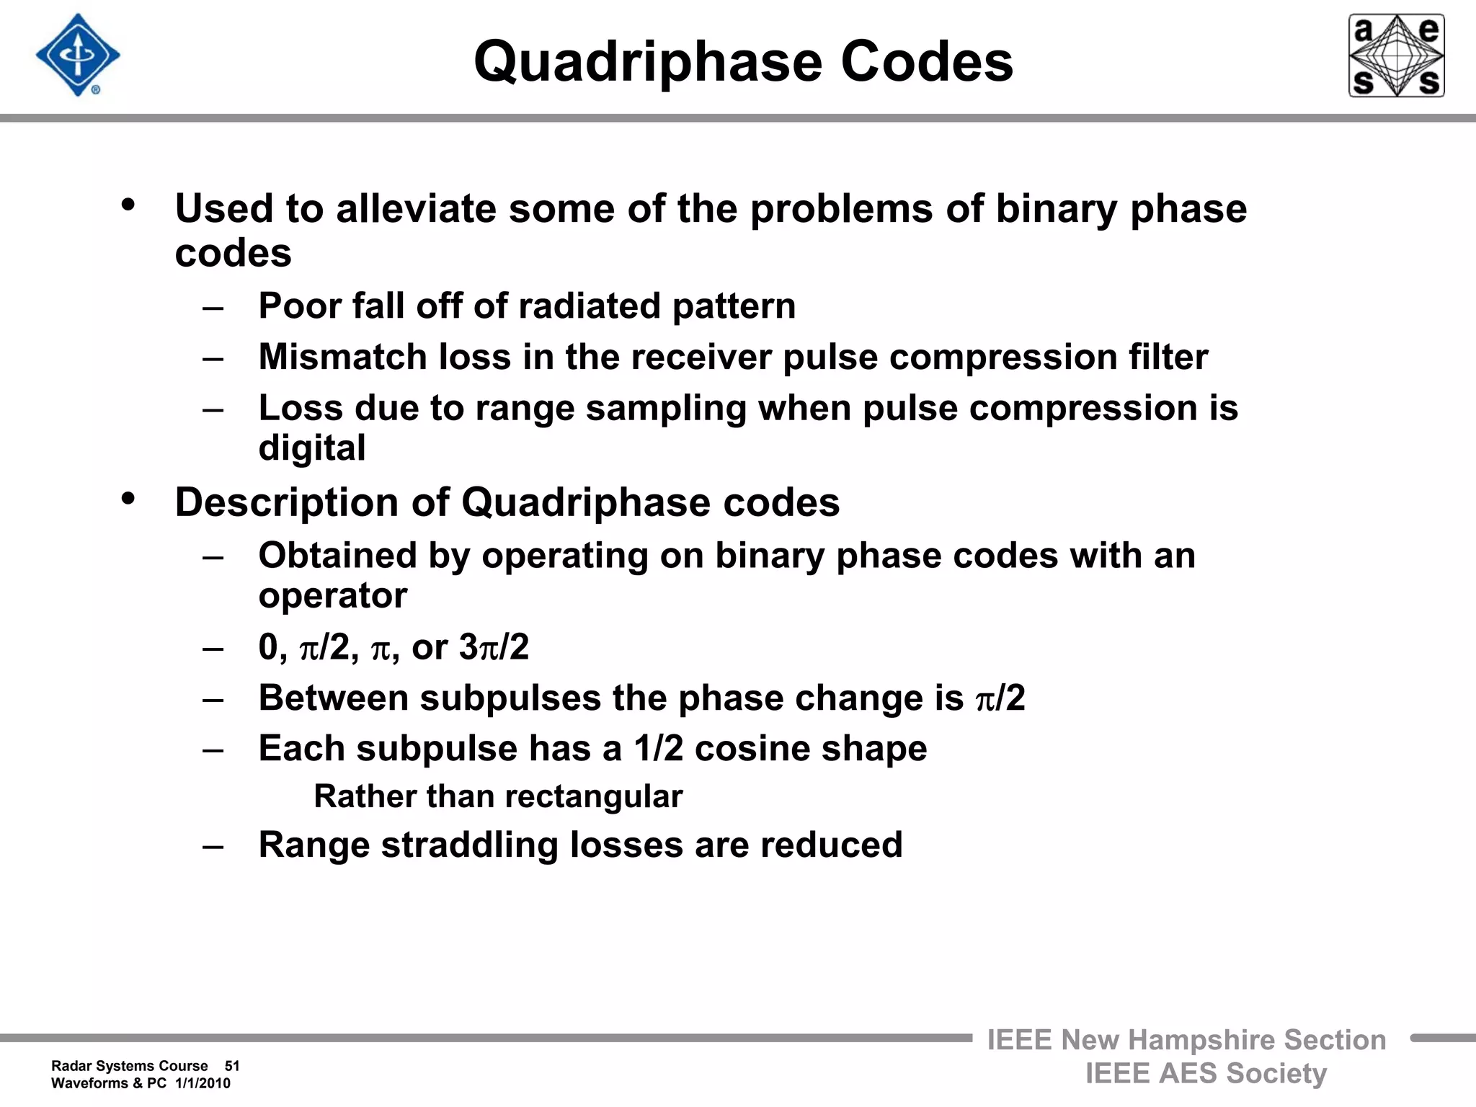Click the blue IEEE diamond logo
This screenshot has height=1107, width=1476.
click(x=78, y=55)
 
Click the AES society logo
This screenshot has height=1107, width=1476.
click(x=1396, y=55)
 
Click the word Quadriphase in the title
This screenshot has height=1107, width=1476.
click(x=647, y=62)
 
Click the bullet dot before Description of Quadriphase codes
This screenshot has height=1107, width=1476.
click(x=128, y=499)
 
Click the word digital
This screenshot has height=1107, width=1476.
click(x=312, y=448)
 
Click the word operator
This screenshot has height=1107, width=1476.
click(x=333, y=596)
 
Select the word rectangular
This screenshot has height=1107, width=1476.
click(x=593, y=796)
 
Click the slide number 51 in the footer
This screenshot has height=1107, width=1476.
click(x=232, y=1066)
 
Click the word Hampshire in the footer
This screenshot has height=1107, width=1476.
click(x=1201, y=1040)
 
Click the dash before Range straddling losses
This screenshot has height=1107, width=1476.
click(x=213, y=846)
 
